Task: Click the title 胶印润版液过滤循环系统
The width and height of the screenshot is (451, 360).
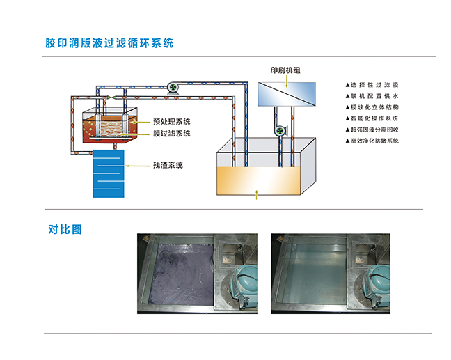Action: [110, 42]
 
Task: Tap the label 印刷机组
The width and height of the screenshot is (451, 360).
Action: [286, 70]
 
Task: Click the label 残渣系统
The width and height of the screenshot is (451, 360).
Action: [168, 165]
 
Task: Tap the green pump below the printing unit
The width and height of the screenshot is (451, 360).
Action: [280, 130]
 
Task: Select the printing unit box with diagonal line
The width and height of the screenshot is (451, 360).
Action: [286, 93]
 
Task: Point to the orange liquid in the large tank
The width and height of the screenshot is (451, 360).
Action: [260, 182]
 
